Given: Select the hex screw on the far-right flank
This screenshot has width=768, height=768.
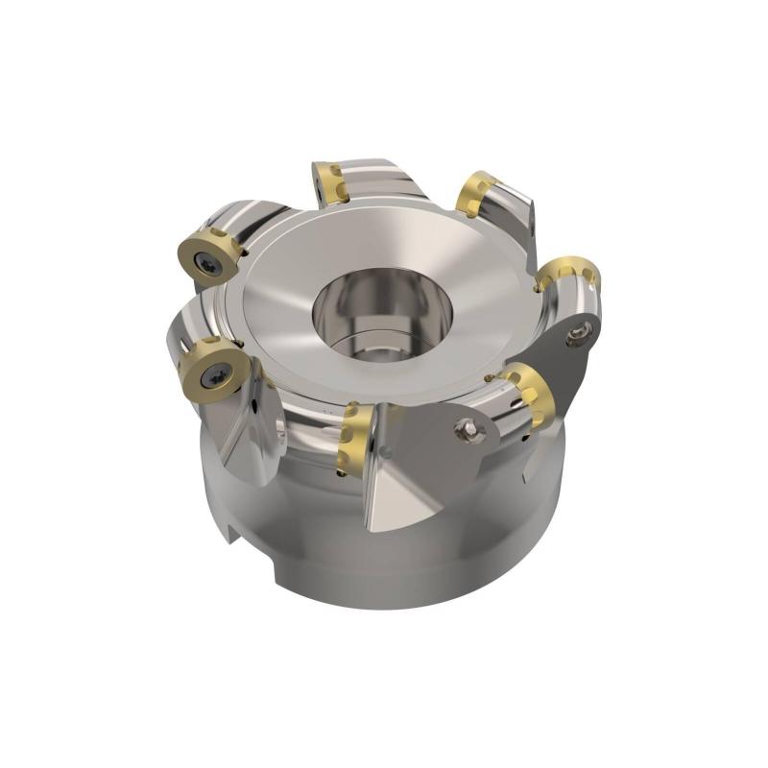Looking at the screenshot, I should [576, 335].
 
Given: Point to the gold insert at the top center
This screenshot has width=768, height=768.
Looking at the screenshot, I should [329, 182].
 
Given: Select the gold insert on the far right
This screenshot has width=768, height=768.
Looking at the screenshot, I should [568, 274].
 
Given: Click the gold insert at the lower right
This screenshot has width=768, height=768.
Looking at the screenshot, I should [529, 394].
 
